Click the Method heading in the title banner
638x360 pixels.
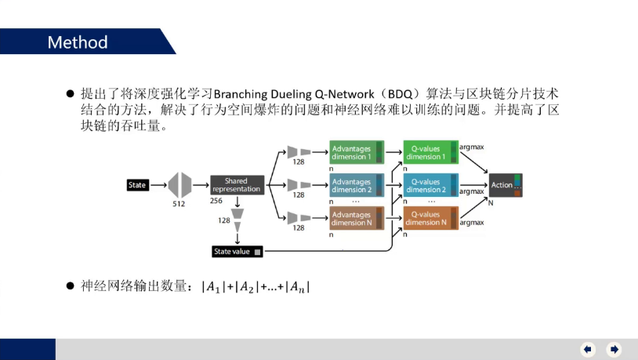pos(78,42)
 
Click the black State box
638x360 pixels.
pos(138,185)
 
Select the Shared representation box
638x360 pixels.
pos(236,185)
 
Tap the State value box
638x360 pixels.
pos(237,251)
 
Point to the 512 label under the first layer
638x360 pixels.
pos(179,203)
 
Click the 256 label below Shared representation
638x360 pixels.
pos(217,201)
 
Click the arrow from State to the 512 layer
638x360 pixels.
pos(158,185)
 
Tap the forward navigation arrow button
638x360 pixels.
pos(614,349)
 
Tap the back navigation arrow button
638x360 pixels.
pos(588,349)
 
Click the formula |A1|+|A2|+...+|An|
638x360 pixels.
pos(256,287)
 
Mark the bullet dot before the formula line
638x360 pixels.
pos(70,287)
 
